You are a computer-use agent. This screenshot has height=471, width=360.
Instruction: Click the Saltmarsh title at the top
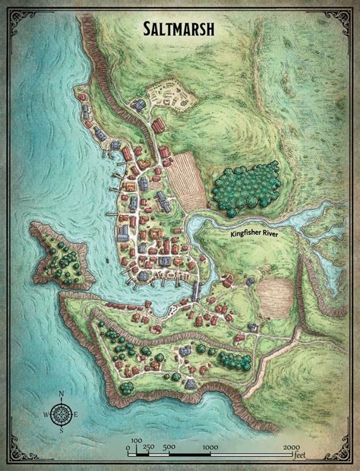(x=180, y=30)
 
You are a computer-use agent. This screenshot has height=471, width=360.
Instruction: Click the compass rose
(x=63, y=413)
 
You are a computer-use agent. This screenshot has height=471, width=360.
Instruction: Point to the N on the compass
(x=63, y=394)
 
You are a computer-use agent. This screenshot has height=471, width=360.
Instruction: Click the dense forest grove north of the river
(x=242, y=187)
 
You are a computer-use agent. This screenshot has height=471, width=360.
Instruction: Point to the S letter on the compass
(x=63, y=431)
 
